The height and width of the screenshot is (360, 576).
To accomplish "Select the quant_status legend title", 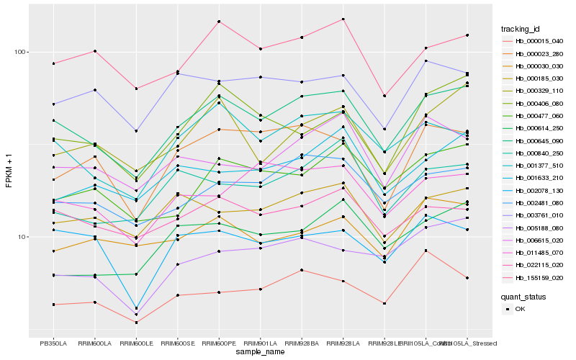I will point(524,296).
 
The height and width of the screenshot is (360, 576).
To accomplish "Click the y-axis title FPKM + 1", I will point(9,170).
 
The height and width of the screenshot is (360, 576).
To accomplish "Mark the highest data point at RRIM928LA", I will point(343,19).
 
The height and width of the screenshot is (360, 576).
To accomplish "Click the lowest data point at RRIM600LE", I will point(136,323).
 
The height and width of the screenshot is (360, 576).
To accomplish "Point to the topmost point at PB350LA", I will point(53,63).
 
